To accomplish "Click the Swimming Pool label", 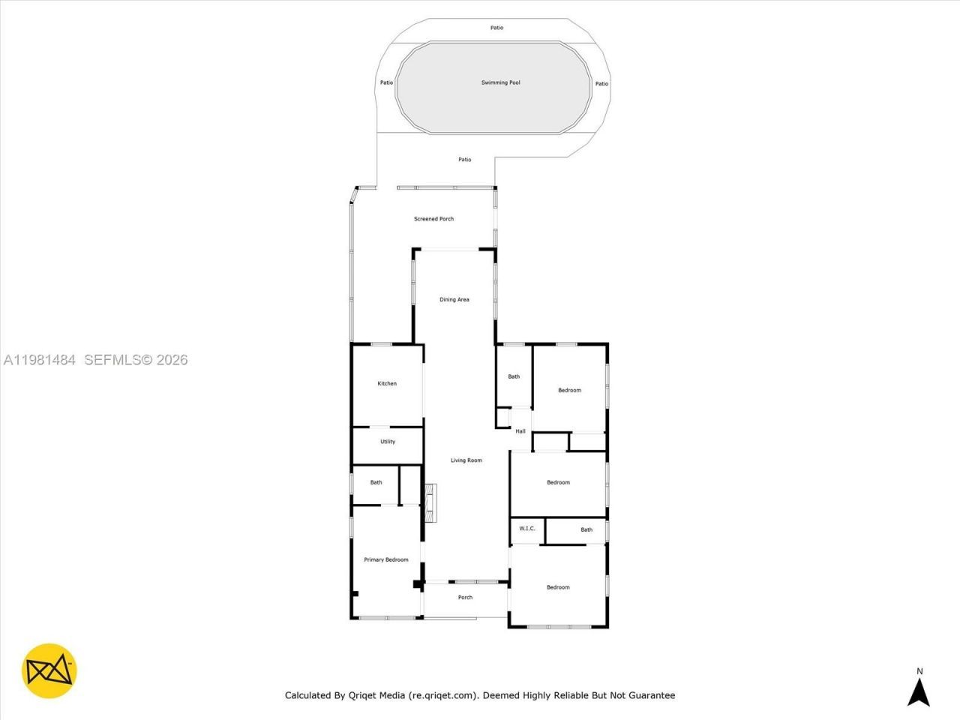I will tap(500, 82).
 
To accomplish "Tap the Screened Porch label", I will tap(433, 219).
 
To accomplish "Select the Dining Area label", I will tap(454, 300).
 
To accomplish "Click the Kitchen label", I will tap(387, 384).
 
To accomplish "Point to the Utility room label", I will tap(387, 442).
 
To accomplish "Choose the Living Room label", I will tap(466, 460).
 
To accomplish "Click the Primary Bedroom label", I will tap(385, 559).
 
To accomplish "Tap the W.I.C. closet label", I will tap(527, 529).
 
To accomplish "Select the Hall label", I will tap(520, 431).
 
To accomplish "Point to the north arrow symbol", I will tap(919, 691).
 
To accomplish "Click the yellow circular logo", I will tap(49, 670).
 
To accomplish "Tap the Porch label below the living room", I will tap(465, 598).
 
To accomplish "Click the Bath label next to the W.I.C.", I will tap(586, 529).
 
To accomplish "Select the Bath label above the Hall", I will tap(514, 376).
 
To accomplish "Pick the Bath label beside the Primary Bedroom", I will tap(376, 482).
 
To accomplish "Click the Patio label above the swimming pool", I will tap(496, 28).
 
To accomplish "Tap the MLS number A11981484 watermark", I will tap(39, 360).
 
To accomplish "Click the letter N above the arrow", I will tap(919, 671).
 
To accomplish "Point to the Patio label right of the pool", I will tap(601, 84).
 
